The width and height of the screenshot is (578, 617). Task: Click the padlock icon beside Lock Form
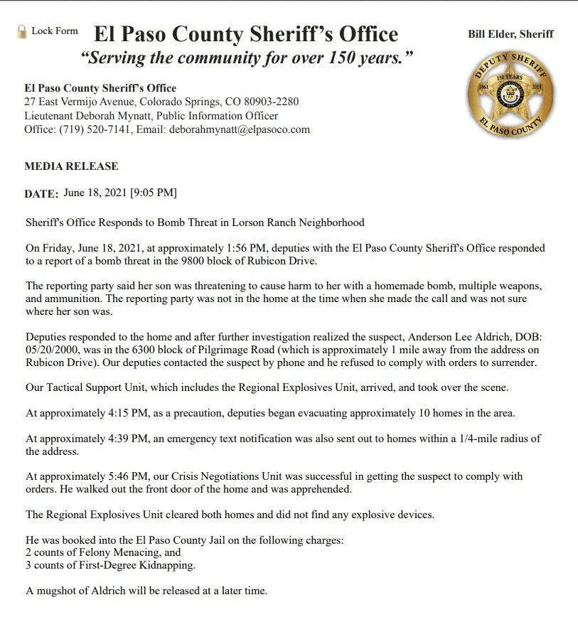[x=21, y=31]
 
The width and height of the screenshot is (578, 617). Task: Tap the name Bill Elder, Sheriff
[x=510, y=34]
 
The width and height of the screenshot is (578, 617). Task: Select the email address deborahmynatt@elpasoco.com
[x=240, y=129]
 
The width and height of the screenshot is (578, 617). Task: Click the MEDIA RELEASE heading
[x=71, y=166]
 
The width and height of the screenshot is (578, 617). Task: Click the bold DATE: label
[x=41, y=193]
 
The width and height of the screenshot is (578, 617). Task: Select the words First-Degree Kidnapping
[x=127, y=566]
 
